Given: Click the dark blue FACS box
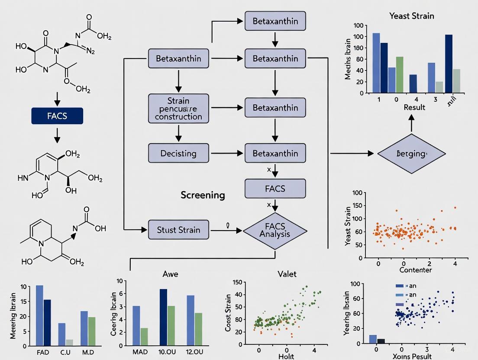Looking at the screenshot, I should [57, 116].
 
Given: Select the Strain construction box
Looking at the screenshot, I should [178, 108].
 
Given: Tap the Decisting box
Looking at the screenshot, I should [178, 153].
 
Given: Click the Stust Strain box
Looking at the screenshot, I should [178, 229].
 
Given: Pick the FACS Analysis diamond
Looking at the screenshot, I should [275, 229].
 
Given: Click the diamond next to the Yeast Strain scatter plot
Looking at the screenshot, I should [411, 154].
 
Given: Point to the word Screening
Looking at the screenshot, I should [203, 195].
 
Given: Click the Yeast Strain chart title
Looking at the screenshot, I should [411, 16].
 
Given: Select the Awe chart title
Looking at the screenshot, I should [170, 274].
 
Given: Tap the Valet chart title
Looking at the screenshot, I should [286, 274].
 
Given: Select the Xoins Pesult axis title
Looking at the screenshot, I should [413, 356].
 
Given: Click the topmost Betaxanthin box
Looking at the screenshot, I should [275, 22].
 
